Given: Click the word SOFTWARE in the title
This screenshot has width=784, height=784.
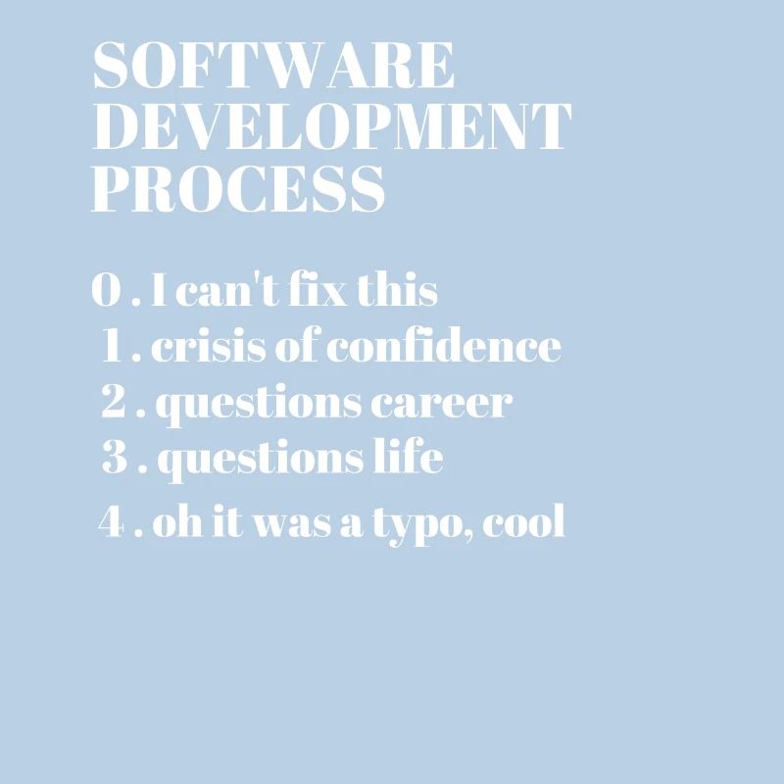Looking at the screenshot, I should tap(274, 67).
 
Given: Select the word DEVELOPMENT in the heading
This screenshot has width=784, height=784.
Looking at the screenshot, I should tap(331, 127).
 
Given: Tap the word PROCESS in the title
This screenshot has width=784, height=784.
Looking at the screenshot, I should tap(238, 188).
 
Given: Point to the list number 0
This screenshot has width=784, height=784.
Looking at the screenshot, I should tap(106, 291).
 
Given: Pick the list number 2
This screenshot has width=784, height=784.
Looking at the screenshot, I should tap(116, 403).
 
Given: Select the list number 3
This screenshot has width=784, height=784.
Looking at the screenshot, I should tap(116, 459).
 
